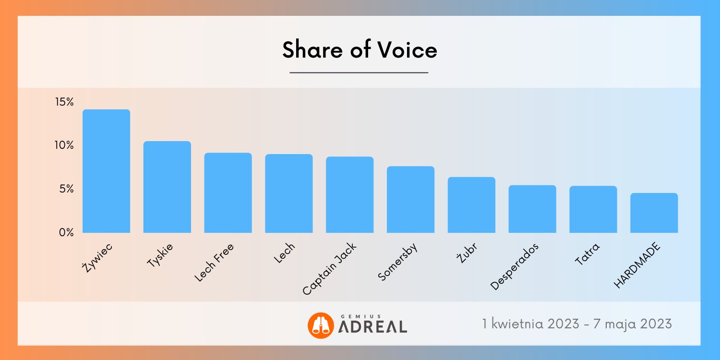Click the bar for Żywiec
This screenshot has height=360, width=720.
106,171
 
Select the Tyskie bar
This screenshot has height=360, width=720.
167,187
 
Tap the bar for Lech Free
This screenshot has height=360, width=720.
228,193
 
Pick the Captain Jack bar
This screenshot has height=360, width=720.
349,195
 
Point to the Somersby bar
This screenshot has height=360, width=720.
410,200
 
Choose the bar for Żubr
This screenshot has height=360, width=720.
471,205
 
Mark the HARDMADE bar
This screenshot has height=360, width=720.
654,213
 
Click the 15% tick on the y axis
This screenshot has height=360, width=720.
64,102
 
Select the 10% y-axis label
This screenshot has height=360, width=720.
64,145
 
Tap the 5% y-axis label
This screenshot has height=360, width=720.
66,189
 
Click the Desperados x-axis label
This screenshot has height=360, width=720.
515,266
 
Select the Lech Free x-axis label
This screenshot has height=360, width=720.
214,263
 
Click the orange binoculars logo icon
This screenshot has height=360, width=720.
320,325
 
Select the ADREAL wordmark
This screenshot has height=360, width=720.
373,327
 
